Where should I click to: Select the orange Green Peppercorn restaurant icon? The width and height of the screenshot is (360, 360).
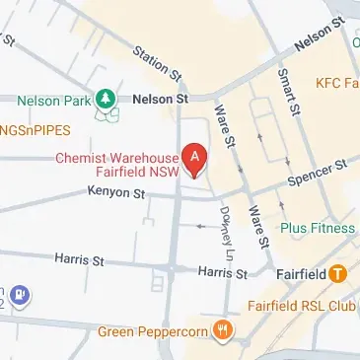tap(225, 331)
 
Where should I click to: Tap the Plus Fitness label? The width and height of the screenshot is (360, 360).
tap(317, 228)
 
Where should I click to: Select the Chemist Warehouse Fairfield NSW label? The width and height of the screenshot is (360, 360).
tap(117, 165)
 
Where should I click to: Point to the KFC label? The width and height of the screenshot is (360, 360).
tap(335, 81)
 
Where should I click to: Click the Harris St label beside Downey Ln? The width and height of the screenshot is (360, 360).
tap(220, 271)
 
